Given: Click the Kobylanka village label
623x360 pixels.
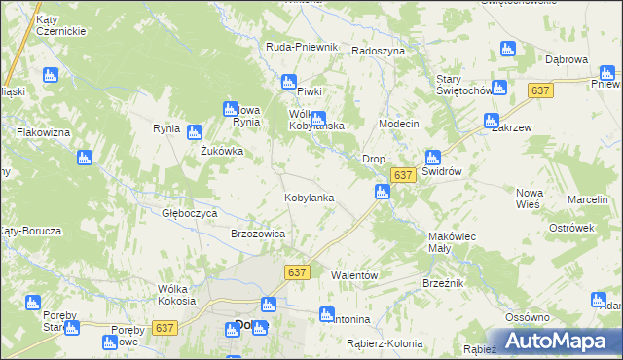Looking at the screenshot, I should (309, 198).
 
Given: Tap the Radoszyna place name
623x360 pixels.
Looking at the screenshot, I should (378, 51).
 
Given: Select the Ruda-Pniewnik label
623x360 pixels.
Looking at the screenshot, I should (302, 47).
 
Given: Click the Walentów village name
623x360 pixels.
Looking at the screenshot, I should (354, 276).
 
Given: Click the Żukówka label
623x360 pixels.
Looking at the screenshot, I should (222, 152).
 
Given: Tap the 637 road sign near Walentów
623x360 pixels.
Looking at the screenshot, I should (298, 273).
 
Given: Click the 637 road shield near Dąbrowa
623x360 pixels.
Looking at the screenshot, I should (541, 90).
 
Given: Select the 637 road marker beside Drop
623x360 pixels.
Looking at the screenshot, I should (404, 174).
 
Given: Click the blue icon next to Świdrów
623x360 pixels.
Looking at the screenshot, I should (432, 157).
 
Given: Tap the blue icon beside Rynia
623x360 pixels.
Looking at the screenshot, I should (194, 131).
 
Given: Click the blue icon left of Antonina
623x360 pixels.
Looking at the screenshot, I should (326, 314).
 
